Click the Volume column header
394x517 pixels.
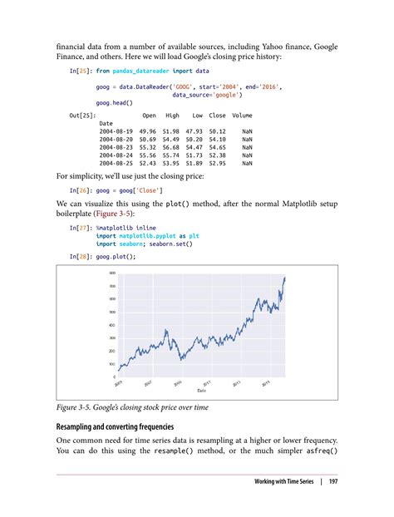[242, 115]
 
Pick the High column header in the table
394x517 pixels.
[173, 115]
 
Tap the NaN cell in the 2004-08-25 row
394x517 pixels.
[247, 163]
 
